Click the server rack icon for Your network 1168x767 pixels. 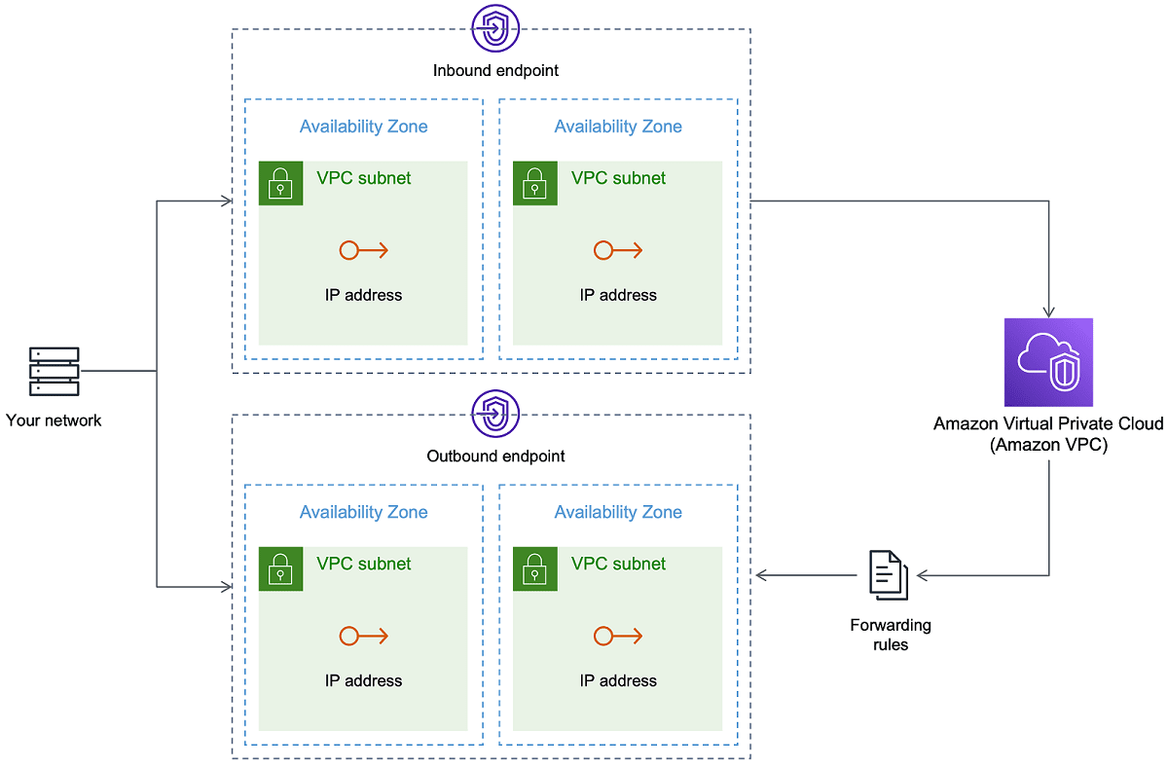(55, 371)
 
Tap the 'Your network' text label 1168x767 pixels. (54, 420)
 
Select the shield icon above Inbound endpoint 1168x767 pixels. (495, 28)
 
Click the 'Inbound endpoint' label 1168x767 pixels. (495, 70)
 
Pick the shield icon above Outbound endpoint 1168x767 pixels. (495, 414)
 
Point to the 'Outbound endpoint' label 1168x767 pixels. (495, 456)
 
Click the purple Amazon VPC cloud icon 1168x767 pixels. (1048, 362)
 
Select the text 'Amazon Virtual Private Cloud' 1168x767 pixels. (1048, 423)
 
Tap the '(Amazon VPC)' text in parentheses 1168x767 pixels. (1048, 444)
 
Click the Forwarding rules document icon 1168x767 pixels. (888, 574)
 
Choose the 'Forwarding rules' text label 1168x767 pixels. (890, 634)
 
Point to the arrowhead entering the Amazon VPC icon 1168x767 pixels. (1048, 312)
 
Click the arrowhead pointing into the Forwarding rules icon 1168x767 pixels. (922, 575)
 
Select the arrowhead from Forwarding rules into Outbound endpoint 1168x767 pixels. (762, 575)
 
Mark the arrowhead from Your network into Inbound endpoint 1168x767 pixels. (227, 201)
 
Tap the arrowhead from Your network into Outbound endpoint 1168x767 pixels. (227, 587)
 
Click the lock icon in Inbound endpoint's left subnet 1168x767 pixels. (280, 183)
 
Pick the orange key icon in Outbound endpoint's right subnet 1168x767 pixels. (618, 637)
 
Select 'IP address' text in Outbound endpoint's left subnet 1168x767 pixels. (363, 680)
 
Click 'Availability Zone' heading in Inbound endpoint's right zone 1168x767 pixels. (618, 127)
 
